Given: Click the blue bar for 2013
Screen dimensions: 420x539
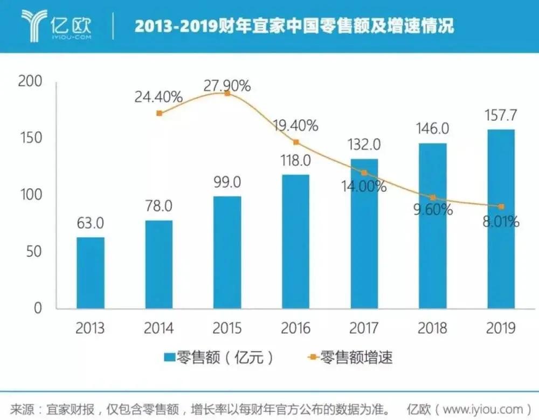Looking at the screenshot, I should (91, 273).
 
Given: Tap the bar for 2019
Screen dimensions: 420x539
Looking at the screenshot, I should (501, 219).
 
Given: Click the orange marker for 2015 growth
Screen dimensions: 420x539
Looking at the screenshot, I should (227, 93).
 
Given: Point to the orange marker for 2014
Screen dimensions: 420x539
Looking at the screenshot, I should (159, 113).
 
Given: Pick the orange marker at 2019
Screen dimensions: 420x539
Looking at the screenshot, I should (501, 206).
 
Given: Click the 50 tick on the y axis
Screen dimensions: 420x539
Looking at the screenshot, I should (33, 252).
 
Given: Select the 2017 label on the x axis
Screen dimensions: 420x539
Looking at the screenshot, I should (364, 328).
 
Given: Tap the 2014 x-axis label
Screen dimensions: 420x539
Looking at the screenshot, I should (159, 328).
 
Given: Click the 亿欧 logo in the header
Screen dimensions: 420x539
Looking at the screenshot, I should (57, 25).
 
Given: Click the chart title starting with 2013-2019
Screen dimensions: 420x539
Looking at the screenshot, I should (294, 25).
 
